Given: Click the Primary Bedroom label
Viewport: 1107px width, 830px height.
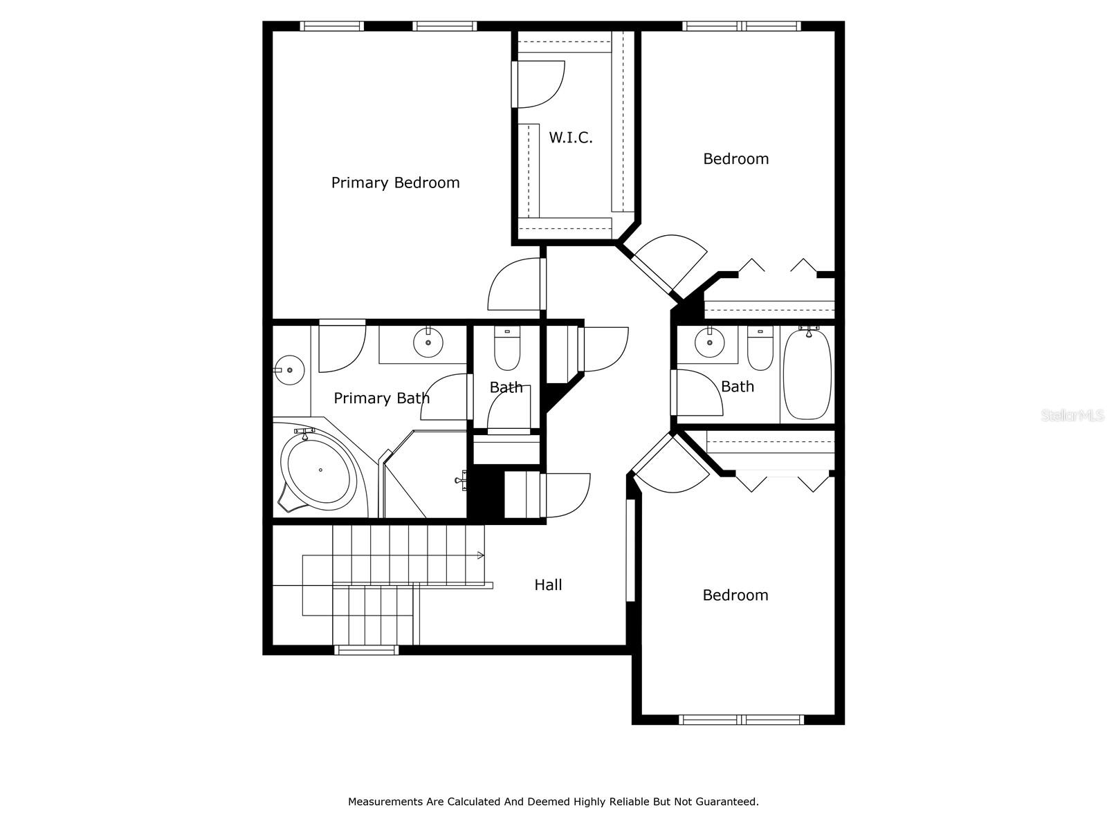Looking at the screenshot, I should [x=395, y=183].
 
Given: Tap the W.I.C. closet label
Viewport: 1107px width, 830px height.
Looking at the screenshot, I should [x=571, y=138].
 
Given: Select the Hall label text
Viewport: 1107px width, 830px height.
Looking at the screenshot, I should [x=548, y=585].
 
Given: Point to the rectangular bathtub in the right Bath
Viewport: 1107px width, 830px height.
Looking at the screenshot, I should [x=807, y=373].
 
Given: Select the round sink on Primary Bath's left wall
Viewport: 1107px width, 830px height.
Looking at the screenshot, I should [x=289, y=370].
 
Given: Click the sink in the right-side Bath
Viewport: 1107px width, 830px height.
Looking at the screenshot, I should [x=709, y=342].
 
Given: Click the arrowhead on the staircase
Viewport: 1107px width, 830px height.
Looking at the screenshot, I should [x=481, y=555].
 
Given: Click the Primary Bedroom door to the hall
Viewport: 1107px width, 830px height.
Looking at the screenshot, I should [x=515, y=285].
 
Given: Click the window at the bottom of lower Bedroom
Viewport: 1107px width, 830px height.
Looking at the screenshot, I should [x=741, y=720].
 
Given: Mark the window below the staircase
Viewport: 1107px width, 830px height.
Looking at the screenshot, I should [x=366, y=650].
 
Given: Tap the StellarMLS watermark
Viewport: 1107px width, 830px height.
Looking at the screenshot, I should [x=1072, y=416].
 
